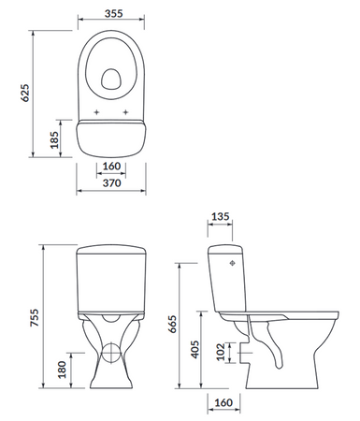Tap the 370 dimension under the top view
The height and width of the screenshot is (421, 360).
[x=111, y=185]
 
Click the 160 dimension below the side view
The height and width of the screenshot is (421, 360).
[x=223, y=403]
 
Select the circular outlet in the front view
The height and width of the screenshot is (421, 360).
[x=111, y=354]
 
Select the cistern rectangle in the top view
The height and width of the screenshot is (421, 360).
[x=111, y=138]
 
